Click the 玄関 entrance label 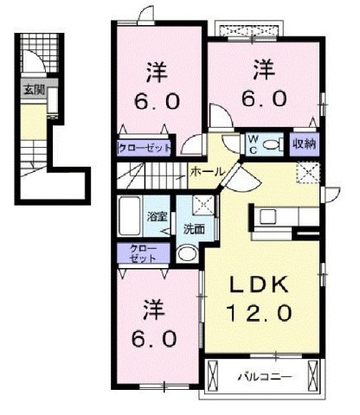point(33,89)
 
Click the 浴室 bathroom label point(157,217)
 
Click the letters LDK point(259,284)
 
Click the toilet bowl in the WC point(276,144)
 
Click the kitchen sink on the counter point(266,215)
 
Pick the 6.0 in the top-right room point(264,98)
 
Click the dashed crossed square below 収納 point(307,170)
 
